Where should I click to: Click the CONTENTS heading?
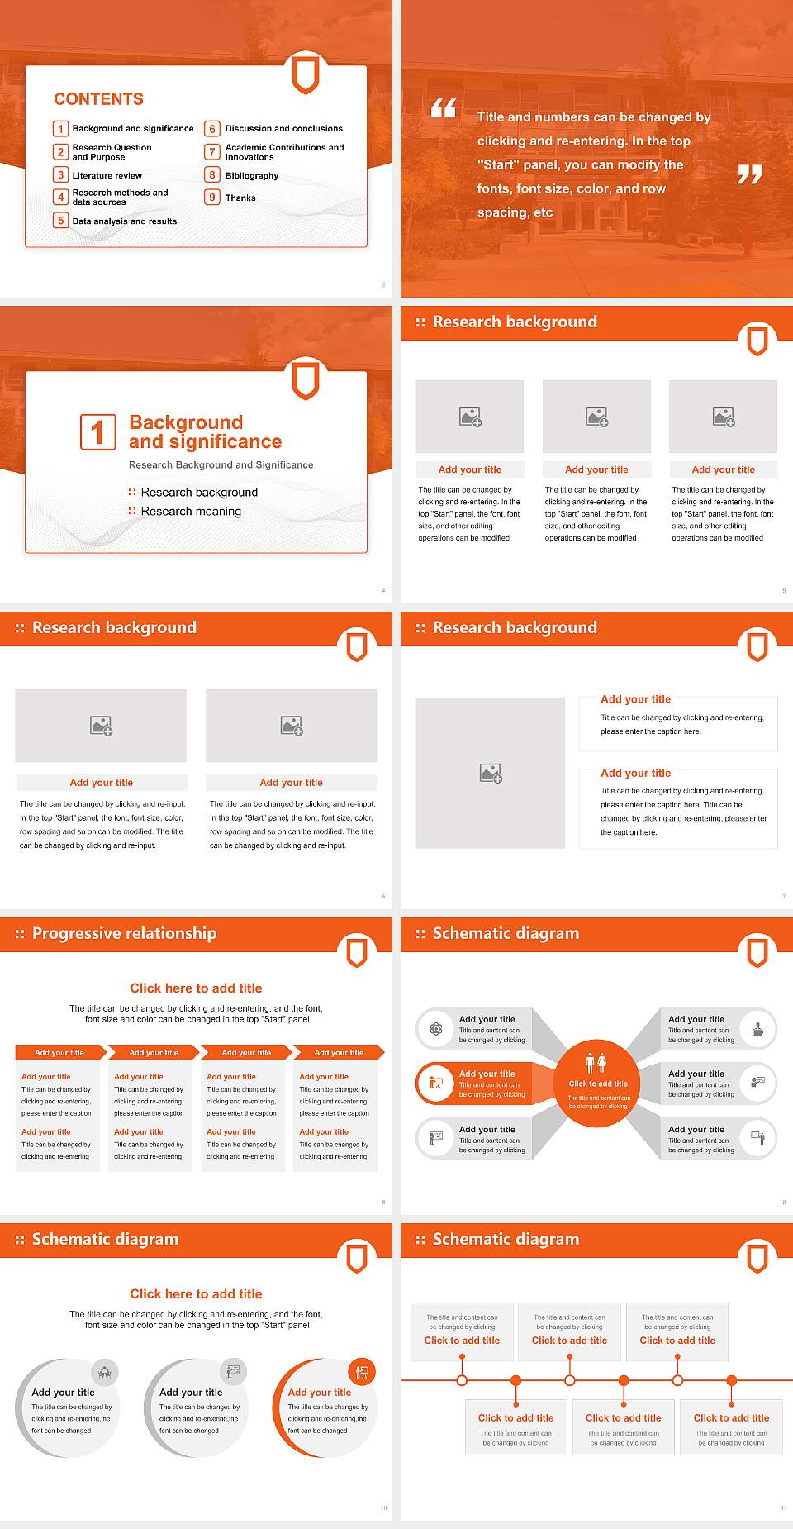tap(98, 99)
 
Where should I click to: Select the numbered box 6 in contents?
tap(212, 129)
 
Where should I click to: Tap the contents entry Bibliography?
tap(252, 176)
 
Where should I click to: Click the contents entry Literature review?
tap(107, 176)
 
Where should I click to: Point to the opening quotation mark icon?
tap(444, 108)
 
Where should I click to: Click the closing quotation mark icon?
tap(749, 174)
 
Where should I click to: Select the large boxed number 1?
tap(97, 432)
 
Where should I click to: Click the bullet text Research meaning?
tap(191, 512)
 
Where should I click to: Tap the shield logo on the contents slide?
tap(306, 75)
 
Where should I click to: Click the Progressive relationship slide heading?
tap(124, 934)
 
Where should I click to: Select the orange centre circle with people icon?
tap(597, 1083)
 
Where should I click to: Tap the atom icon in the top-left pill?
tap(435, 1029)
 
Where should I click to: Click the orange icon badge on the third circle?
tap(362, 1373)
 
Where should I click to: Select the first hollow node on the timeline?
tap(462, 1380)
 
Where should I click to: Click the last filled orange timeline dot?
tap(731, 1380)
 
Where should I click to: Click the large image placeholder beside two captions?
tap(490, 773)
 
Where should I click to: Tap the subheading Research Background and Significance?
tap(221, 465)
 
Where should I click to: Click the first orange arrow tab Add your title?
tap(59, 1052)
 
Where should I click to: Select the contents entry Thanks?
tap(240, 198)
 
